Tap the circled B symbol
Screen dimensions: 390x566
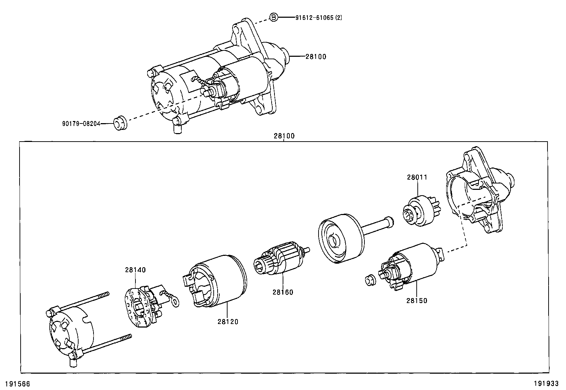pos(273,17)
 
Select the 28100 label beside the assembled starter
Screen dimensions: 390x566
pos(316,56)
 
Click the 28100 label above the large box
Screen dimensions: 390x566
pos(284,136)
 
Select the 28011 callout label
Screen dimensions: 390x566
pos(417,177)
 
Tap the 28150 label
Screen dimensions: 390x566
pos(417,301)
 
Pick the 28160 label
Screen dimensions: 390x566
pos(283,292)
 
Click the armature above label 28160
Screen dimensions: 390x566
pos(281,258)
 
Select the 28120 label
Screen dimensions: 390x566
pos(228,322)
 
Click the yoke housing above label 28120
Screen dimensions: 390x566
pos(217,282)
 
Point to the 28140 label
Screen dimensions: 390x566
pos(135,270)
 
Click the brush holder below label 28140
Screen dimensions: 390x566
pos(142,303)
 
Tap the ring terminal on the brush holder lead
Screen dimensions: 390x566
pos(175,302)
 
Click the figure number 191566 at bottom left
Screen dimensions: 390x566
pos(17,384)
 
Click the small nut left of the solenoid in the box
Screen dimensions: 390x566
pos(370,280)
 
